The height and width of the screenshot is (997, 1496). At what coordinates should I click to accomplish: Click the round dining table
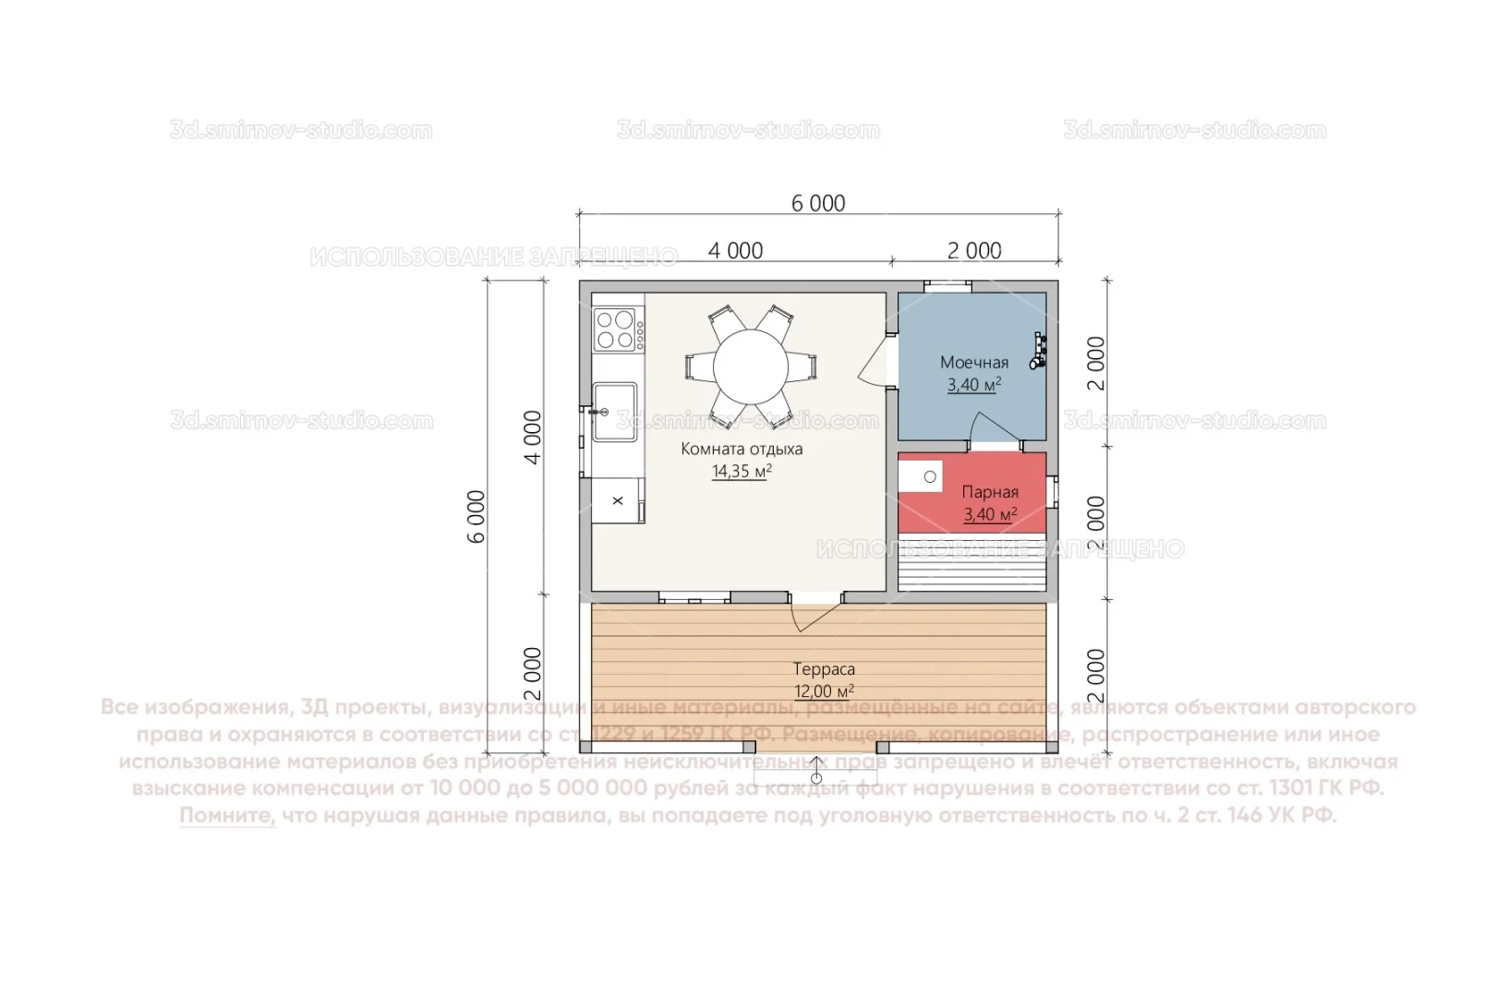pyautogui.click(x=750, y=366)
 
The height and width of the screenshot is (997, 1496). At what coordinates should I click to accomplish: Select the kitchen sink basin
pyautogui.click(x=614, y=412)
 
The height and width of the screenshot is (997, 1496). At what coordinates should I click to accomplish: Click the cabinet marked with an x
pyautogui.click(x=618, y=500)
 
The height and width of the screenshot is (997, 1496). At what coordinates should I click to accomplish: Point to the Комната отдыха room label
pyautogui.click(x=742, y=450)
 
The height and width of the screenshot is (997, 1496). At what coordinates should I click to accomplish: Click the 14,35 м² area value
pyautogui.click(x=742, y=472)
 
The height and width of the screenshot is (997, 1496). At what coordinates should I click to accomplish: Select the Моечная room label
pyautogui.click(x=973, y=363)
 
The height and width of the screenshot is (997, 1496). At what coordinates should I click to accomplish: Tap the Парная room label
pyautogui.click(x=990, y=492)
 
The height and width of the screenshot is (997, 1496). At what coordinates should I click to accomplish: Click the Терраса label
pyautogui.click(x=824, y=669)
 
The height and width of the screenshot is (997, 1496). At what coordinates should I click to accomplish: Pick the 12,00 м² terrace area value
pyautogui.click(x=824, y=691)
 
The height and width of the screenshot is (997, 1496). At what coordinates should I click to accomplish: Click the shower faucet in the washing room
pyautogui.click(x=1040, y=351)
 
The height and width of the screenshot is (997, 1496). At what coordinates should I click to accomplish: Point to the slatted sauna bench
pyautogui.click(x=971, y=562)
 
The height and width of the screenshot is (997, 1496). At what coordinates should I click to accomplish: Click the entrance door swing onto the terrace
pyautogui.click(x=813, y=613)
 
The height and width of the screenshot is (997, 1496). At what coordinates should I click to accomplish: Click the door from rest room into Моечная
pyautogui.click(x=875, y=364)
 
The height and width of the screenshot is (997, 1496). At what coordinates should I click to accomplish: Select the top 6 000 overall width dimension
pyautogui.click(x=818, y=204)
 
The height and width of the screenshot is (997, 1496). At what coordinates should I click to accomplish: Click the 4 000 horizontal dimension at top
pyautogui.click(x=735, y=251)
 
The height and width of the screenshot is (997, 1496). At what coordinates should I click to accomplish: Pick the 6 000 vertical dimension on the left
pyautogui.click(x=477, y=517)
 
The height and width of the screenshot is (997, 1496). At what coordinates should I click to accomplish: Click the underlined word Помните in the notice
pyautogui.click(x=227, y=816)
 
